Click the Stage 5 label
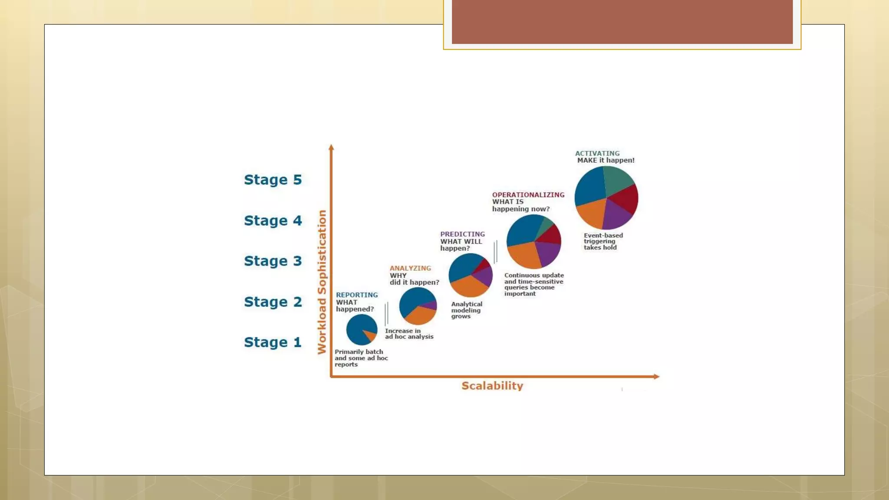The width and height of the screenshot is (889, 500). click(x=273, y=180)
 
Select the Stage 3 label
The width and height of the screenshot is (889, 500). click(x=273, y=261)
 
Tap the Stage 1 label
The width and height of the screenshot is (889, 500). click(x=273, y=342)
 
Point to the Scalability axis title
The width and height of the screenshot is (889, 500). click(x=492, y=386)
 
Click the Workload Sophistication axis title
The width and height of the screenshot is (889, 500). click(x=322, y=282)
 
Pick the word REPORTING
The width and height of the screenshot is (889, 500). click(x=357, y=295)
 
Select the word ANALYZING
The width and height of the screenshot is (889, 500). click(x=410, y=268)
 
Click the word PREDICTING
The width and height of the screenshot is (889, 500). click(x=462, y=234)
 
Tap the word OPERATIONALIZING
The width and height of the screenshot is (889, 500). click(x=528, y=195)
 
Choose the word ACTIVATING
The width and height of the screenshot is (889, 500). click(x=597, y=153)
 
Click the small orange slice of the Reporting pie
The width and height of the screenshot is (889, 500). click(x=370, y=336)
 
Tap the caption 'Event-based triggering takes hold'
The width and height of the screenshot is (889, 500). click(x=603, y=241)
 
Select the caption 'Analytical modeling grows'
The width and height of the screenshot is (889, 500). click(x=466, y=310)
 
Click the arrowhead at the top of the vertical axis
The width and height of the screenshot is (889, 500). click(x=331, y=148)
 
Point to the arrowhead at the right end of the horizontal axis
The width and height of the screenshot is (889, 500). click(x=656, y=376)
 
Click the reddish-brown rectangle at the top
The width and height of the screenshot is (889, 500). click(x=622, y=22)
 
